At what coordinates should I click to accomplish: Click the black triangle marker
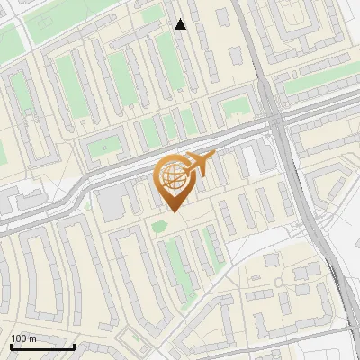[180, 24]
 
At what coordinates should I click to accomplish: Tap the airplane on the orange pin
[201, 164]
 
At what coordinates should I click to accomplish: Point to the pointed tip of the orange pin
[172, 212]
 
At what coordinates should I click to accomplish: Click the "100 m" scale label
[24, 338]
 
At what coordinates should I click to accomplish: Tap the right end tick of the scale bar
[74, 344]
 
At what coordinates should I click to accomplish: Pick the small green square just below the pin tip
[159, 225]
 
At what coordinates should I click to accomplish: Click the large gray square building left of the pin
[112, 202]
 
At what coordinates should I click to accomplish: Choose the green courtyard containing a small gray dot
[105, 146]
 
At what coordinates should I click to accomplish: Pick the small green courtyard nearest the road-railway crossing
[236, 109]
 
